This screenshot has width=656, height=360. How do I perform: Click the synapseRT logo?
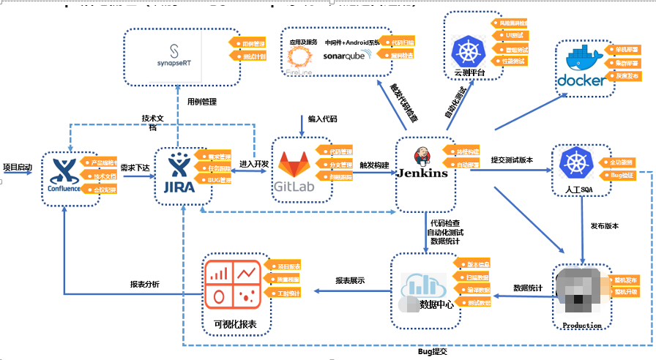tap(174, 56)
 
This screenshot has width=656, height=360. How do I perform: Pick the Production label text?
tap(582, 325)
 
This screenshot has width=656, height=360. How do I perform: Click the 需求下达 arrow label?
tap(135, 167)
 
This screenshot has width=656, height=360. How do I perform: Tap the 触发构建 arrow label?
tap(374, 165)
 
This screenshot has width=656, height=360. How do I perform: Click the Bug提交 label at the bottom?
tap(432, 352)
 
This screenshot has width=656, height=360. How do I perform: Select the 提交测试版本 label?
tap(512, 160)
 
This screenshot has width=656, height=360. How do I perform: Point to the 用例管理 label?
tap(201, 102)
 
